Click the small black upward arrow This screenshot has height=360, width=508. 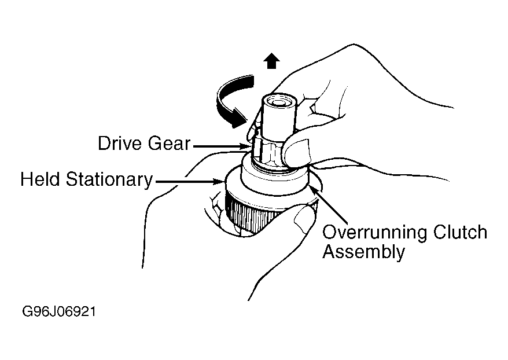(x=270, y=61)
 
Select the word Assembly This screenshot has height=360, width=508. (x=363, y=252)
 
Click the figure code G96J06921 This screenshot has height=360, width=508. (x=59, y=312)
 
